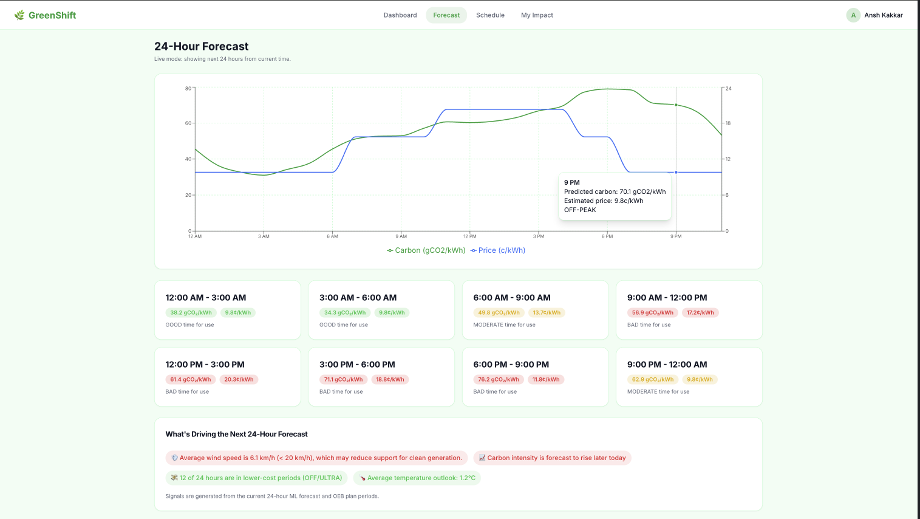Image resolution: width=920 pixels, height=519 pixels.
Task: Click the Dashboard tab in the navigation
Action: [400, 15]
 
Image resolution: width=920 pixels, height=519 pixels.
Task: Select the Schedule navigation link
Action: [490, 15]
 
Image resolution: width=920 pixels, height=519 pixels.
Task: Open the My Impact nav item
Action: [537, 15]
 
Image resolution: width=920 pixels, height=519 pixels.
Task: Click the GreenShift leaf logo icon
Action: [19, 15]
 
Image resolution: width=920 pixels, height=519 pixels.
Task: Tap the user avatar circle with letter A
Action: [853, 15]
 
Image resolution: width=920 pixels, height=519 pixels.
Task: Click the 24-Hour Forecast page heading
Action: [201, 46]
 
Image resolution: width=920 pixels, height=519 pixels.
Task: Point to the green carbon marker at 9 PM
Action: [676, 105]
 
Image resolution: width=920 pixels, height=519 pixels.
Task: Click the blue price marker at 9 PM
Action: [676, 172]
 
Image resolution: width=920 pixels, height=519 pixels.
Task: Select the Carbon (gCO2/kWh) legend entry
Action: [426, 250]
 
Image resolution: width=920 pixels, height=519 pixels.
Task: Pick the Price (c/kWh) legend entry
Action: [498, 250]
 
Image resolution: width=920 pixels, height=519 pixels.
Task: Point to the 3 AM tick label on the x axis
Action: [264, 236]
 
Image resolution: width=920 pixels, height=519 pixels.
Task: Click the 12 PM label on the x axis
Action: [470, 236]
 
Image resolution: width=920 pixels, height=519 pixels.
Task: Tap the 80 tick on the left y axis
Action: [188, 88]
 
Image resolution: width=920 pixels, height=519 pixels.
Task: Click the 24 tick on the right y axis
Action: [728, 88]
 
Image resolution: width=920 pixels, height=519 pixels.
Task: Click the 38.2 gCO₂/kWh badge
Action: [191, 313]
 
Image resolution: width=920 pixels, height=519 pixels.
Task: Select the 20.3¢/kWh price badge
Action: [239, 379]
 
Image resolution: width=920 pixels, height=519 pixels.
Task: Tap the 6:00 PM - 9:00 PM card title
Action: [511, 365]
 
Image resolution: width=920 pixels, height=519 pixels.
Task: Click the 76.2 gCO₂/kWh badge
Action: [498, 379]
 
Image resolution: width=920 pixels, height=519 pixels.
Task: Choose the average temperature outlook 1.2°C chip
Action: [417, 478]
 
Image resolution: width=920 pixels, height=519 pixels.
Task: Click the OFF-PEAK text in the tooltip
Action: [580, 210]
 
